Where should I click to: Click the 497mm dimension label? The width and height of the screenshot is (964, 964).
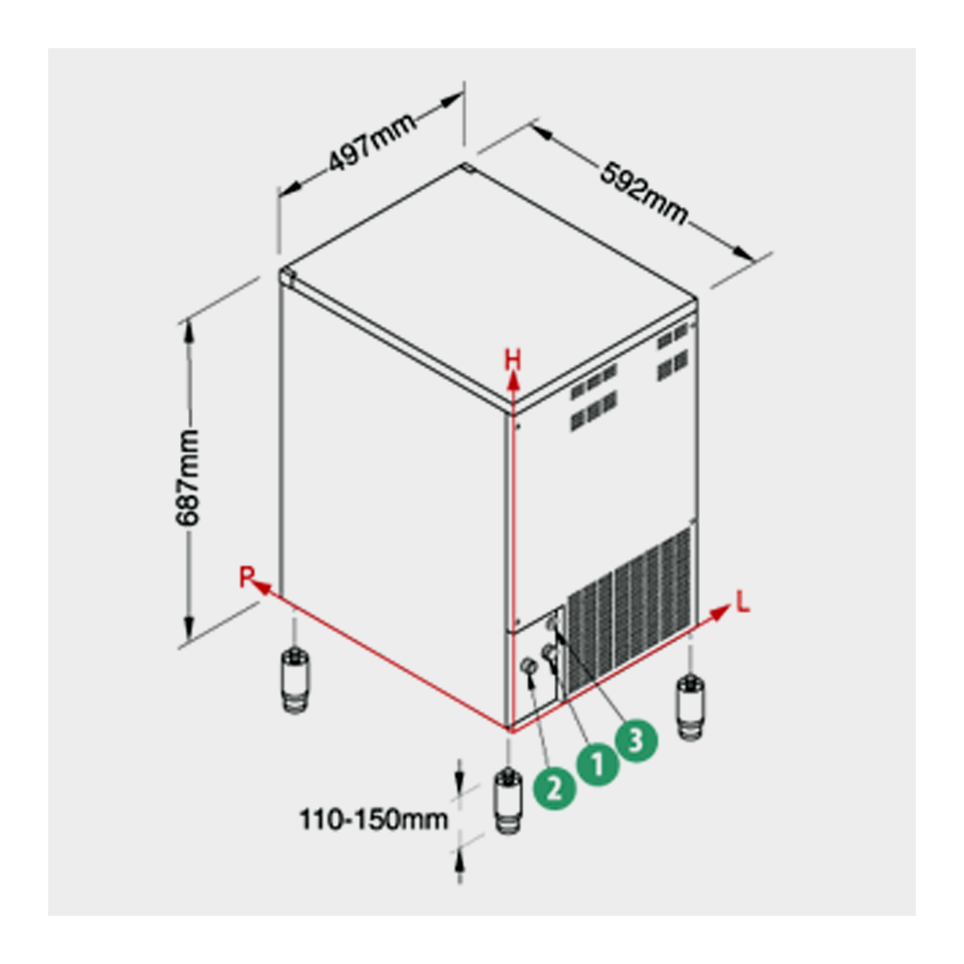(372, 143)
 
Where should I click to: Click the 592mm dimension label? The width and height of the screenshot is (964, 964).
(643, 193)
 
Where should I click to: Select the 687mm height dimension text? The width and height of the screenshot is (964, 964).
(188, 478)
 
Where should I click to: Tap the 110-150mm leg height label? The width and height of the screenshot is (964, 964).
(373, 818)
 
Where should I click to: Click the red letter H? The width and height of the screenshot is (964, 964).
(513, 361)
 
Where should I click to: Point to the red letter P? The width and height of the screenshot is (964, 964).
(247, 576)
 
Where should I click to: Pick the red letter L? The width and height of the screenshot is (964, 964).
(743, 602)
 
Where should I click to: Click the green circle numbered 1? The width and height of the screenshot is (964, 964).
(597, 764)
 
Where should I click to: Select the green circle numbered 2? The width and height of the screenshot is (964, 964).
(554, 787)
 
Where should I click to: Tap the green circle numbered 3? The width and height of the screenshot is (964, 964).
(636, 740)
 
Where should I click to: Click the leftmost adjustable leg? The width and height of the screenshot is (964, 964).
(295, 680)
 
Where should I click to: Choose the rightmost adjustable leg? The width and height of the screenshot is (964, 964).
(690, 707)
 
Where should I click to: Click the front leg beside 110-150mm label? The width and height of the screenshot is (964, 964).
(508, 800)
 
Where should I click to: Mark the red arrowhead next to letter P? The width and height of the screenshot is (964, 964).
(262, 588)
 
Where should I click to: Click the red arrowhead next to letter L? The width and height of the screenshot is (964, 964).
(720, 612)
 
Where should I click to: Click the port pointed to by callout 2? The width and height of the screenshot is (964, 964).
(528, 665)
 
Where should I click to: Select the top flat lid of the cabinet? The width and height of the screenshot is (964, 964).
(489, 282)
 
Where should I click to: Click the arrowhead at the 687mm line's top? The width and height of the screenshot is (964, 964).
(189, 331)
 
